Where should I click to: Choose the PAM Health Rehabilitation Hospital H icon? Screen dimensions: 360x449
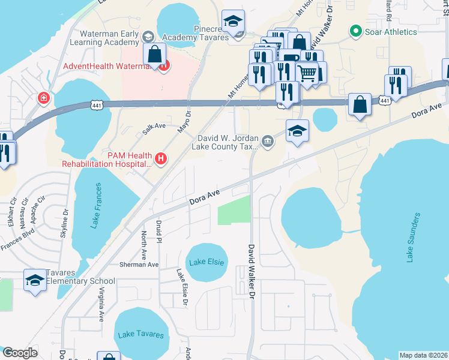[160, 159]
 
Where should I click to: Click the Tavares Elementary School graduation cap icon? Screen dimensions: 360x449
[35, 280]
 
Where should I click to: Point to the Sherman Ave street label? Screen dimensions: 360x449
[139, 265]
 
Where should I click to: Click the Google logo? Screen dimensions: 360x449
[20, 353]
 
